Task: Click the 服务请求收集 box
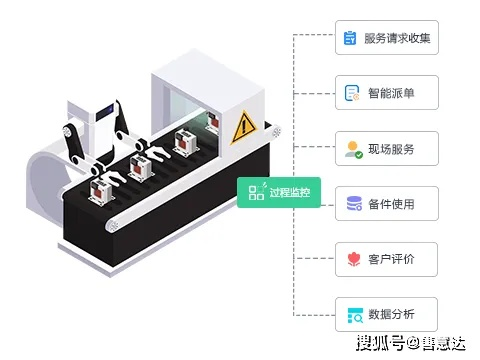[385, 38]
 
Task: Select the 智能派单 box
[385, 93]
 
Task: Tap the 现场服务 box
[385, 149]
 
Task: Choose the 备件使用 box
[385, 204]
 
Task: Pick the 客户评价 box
[385, 260]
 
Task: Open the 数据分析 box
[385, 315]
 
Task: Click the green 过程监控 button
[279, 192]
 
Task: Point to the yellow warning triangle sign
[244, 127]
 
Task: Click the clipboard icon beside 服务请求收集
[351, 38]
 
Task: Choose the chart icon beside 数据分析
[352, 315]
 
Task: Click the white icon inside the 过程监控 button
[257, 192]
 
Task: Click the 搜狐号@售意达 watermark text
[411, 344]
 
